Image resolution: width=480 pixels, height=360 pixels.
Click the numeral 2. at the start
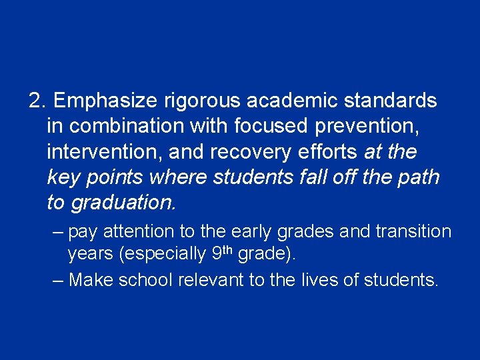[x=38, y=101]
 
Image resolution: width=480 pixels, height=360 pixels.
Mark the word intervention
[x=105, y=152]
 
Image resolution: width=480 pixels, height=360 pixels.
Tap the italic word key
[x=63, y=177]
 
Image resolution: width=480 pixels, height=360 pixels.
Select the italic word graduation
[x=123, y=203]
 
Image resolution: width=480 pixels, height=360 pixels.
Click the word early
[x=253, y=232]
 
